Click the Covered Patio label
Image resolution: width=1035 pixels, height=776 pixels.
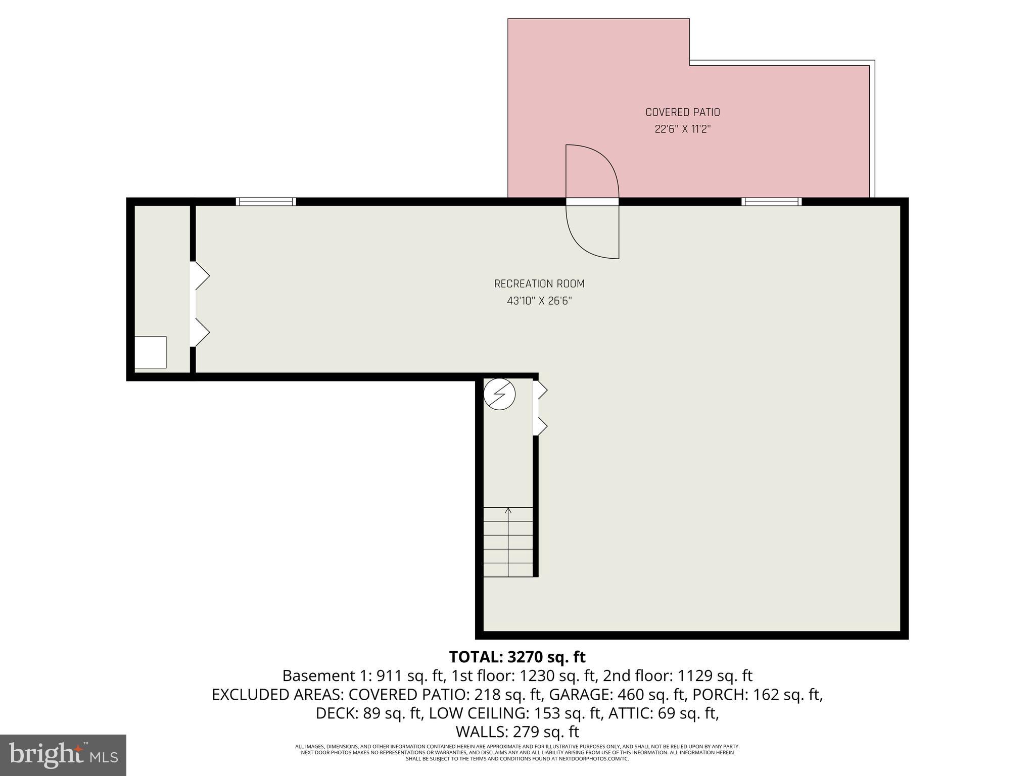(x=682, y=112)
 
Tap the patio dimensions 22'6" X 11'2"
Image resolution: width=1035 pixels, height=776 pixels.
(x=682, y=129)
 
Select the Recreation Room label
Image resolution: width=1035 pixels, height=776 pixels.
(x=539, y=284)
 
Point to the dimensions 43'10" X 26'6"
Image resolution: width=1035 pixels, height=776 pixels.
(x=539, y=301)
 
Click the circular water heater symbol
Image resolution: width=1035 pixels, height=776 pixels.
(x=499, y=394)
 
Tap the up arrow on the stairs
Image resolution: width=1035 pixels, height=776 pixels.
(x=508, y=511)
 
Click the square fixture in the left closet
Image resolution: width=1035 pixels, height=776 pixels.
(x=150, y=352)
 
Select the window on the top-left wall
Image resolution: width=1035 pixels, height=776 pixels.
(x=266, y=202)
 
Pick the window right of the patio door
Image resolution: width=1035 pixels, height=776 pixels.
(x=771, y=202)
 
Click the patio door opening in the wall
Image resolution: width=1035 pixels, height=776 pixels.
(x=592, y=202)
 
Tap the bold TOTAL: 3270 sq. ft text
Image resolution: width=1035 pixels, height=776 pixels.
(x=517, y=657)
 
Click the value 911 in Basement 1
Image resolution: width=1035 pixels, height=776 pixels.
(x=387, y=676)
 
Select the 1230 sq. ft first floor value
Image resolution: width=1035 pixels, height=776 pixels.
(x=541, y=676)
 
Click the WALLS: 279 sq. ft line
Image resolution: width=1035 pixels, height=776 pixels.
(x=517, y=732)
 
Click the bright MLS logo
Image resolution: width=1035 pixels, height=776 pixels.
(x=63, y=755)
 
